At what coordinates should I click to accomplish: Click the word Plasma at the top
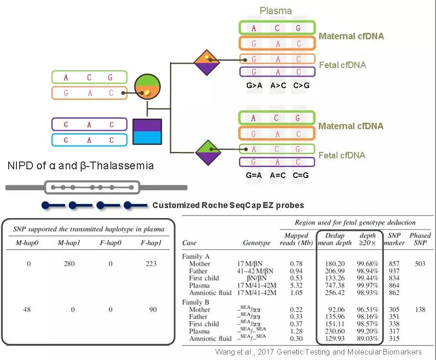[x=275, y=10]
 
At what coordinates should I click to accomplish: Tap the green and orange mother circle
[x=147, y=87]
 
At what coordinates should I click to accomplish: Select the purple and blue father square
[x=147, y=131]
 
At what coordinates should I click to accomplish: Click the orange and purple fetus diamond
[x=207, y=63]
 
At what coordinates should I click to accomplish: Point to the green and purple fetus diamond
[x=208, y=153]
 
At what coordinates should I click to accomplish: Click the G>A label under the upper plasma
[x=254, y=85]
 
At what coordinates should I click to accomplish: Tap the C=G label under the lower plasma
[x=301, y=175]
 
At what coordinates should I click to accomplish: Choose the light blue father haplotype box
[x=89, y=140]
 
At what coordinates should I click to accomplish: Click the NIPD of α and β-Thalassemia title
[x=81, y=166]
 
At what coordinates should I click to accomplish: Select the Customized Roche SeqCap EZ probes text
[x=228, y=205]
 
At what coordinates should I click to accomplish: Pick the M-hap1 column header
[x=69, y=243]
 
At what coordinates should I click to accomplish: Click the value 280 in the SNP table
[x=69, y=263]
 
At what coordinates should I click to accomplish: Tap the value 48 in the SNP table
[x=27, y=309]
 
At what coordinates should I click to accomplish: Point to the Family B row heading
[x=196, y=302]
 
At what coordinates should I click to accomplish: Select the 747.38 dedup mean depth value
[x=335, y=285]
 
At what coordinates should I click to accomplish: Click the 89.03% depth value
[x=368, y=339]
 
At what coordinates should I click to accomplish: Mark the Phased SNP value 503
[x=420, y=263]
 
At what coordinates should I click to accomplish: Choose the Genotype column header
[x=257, y=243]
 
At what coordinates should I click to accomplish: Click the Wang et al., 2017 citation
[x=318, y=352]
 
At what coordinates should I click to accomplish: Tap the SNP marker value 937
[x=394, y=271]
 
